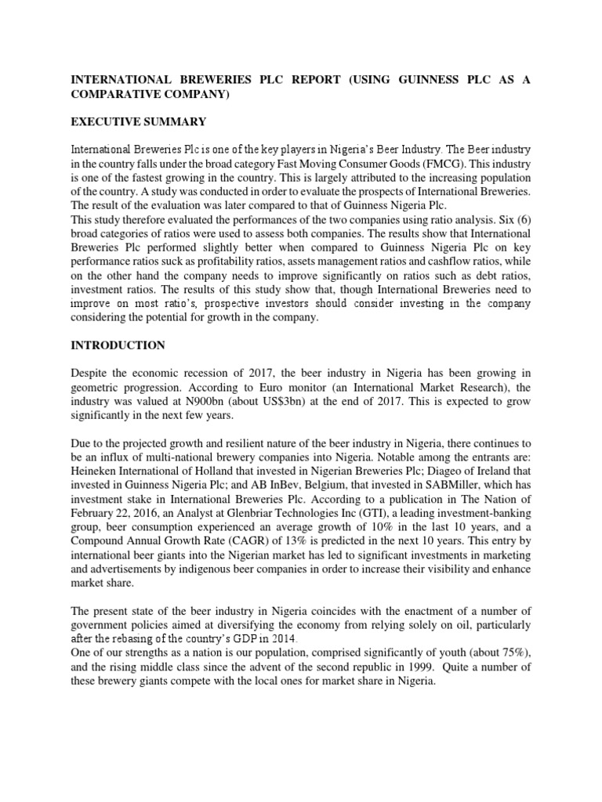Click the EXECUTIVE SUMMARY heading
(x=138, y=121)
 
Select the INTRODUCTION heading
(x=118, y=345)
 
